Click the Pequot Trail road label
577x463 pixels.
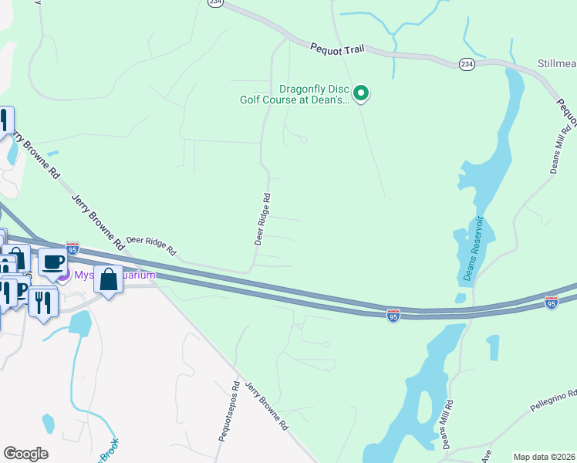(x=336, y=48)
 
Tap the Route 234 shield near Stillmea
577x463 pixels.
(x=466, y=63)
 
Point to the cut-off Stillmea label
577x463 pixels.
(x=556, y=63)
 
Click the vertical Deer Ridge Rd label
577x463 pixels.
(x=263, y=219)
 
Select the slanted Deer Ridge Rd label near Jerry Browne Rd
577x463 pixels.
(x=151, y=246)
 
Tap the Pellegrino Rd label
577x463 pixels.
(x=553, y=400)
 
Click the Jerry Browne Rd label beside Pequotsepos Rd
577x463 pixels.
(x=266, y=404)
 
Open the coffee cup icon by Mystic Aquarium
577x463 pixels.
(x=52, y=262)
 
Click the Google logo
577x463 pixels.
(x=25, y=454)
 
